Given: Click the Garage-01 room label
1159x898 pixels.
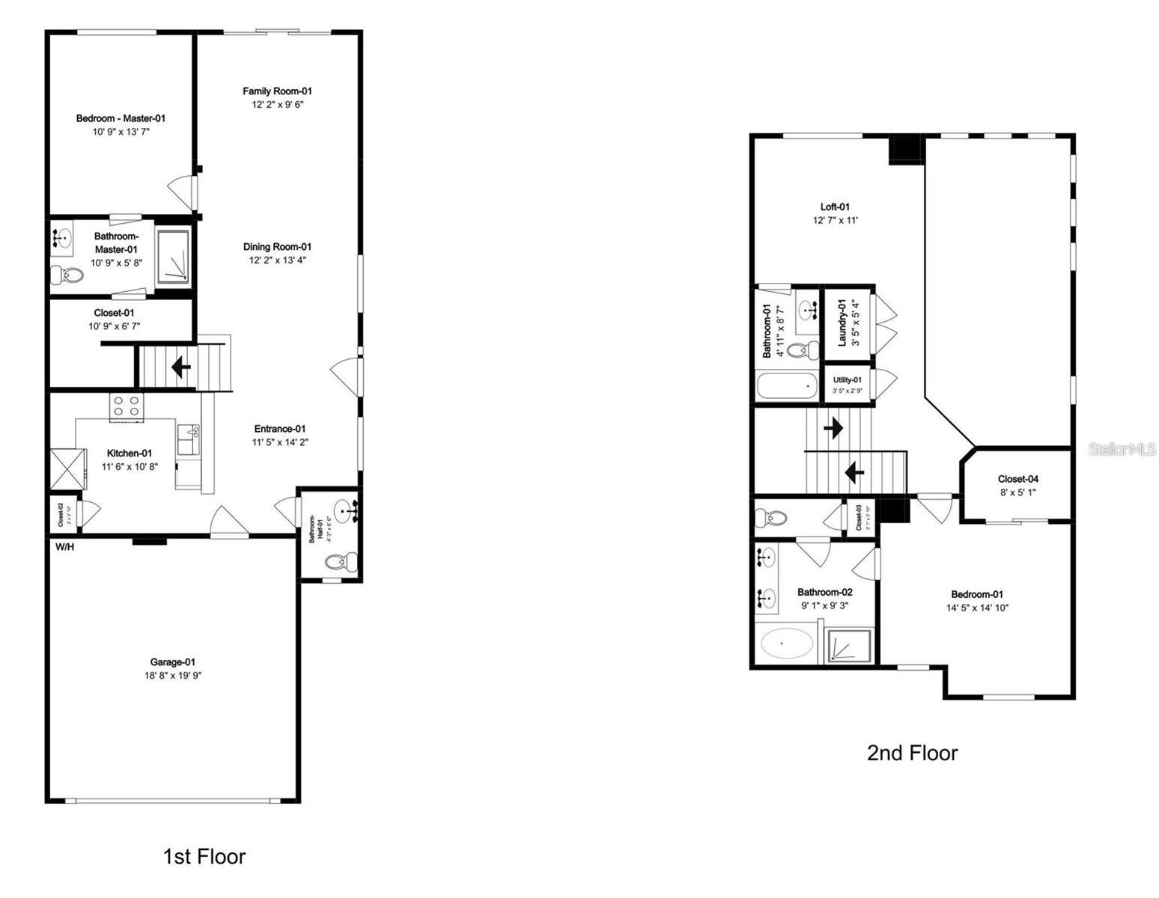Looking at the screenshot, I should coord(173,662).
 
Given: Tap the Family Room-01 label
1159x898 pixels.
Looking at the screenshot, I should coord(277,91).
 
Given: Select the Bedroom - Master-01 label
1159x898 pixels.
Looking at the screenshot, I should coord(121,118).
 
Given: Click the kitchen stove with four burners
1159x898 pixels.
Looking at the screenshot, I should coord(127,406).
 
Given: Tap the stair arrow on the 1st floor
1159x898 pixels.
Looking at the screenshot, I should coord(180,367).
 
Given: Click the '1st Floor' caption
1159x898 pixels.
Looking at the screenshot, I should coord(204,856).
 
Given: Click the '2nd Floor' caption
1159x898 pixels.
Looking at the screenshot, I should coord(912,753).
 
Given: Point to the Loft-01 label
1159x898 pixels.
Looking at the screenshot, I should coord(835,207).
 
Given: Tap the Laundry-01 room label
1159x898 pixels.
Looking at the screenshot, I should coord(842,323).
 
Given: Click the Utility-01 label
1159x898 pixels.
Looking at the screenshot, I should coord(848,380).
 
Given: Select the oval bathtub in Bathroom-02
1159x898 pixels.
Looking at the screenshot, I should coord(785,644).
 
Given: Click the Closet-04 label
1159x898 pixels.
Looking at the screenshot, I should coord(1017,479).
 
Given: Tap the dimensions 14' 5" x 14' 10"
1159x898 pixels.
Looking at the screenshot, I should coord(977,608).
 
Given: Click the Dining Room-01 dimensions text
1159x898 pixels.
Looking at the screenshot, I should coord(277,260).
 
